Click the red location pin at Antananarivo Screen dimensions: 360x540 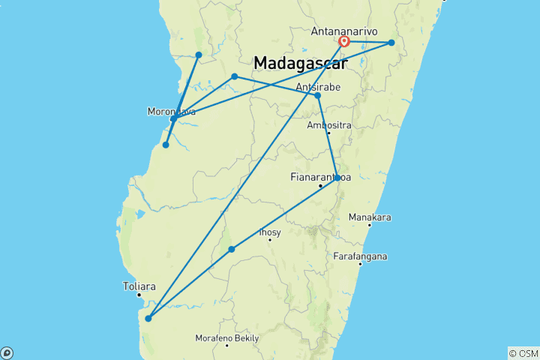pos(343,41)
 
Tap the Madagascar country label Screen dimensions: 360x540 pos(300,64)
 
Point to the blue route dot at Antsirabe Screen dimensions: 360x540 pos(317,95)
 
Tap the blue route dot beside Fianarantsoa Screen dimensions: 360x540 pos(337,178)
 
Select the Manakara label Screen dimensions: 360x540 pos(370,217)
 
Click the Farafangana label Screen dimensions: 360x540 pos(362,256)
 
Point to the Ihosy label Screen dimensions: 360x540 pos(269,232)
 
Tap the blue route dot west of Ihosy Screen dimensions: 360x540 pos(232,249)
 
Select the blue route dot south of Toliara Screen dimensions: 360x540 pos(148,319)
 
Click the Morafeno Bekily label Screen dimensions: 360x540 pos(227,338)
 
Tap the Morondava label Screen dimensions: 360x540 pos(172,112)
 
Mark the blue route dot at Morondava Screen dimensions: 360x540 pos(173,118)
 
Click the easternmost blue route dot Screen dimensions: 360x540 pos(391,43)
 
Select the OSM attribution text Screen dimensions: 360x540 pos(523,352)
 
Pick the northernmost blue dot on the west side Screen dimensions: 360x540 pos(199,55)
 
